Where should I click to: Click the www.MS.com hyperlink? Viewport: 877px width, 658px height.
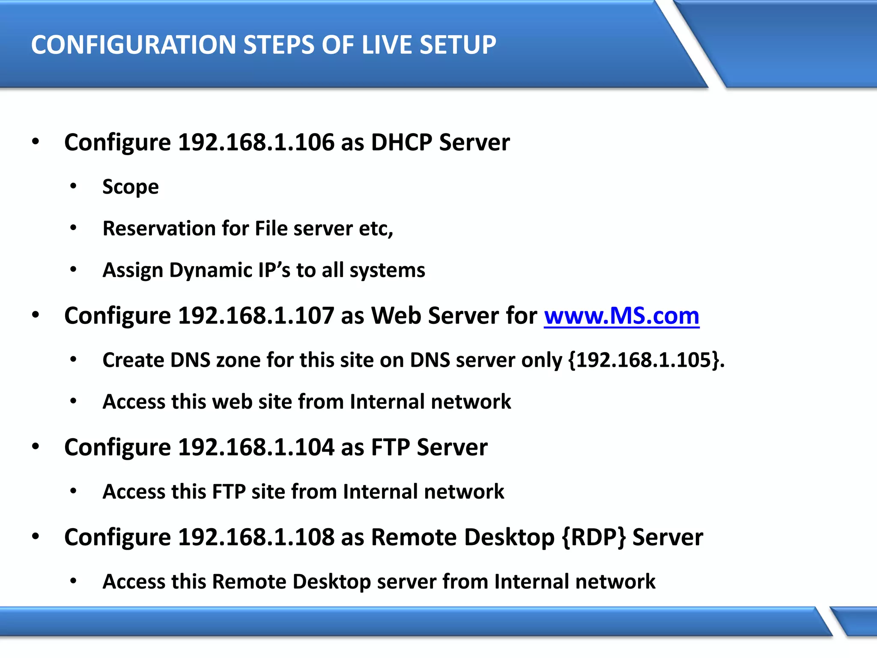point(621,316)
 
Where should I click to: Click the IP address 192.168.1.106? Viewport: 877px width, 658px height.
point(256,142)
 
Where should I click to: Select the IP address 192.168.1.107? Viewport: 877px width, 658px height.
point(256,316)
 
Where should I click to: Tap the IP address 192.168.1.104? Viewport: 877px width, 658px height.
point(256,447)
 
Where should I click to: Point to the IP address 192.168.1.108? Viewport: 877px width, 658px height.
point(256,537)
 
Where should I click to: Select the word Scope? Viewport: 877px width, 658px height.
point(131,187)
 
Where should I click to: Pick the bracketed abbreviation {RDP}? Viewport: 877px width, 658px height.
point(594,537)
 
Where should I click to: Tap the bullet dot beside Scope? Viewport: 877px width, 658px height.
point(73,186)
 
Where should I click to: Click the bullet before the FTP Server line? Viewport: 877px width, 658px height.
point(36,446)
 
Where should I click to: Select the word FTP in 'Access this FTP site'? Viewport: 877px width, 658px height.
point(229,491)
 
